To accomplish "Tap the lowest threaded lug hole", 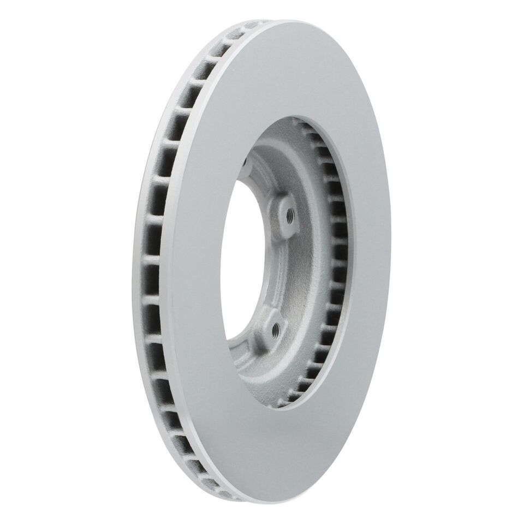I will coord(275,329).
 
